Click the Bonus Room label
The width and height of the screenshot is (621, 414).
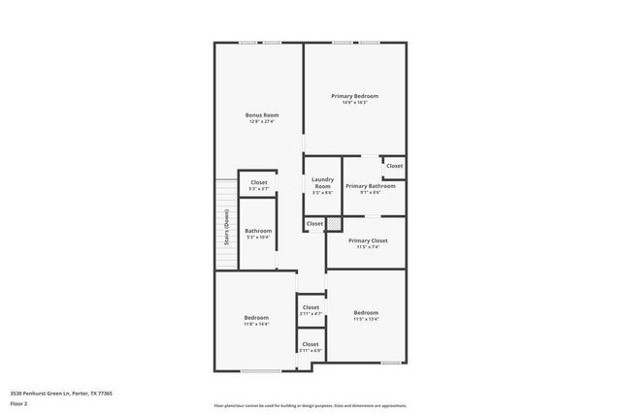click(256, 114)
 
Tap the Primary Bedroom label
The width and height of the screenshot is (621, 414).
click(354, 96)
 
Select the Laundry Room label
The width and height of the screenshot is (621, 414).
click(322, 182)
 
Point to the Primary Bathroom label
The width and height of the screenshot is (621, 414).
click(370, 185)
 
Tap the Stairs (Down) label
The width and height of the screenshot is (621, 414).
click(227, 228)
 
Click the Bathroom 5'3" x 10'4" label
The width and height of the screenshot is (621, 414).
click(258, 231)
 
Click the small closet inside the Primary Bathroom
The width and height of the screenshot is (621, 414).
click(394, 166)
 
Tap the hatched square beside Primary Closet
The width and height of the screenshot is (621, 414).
click(334, 224)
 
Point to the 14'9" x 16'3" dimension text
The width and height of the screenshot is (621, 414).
click(354, 103)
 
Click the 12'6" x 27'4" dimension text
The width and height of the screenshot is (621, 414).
click(256, 121)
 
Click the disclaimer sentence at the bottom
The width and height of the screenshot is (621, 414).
click(310, 405)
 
